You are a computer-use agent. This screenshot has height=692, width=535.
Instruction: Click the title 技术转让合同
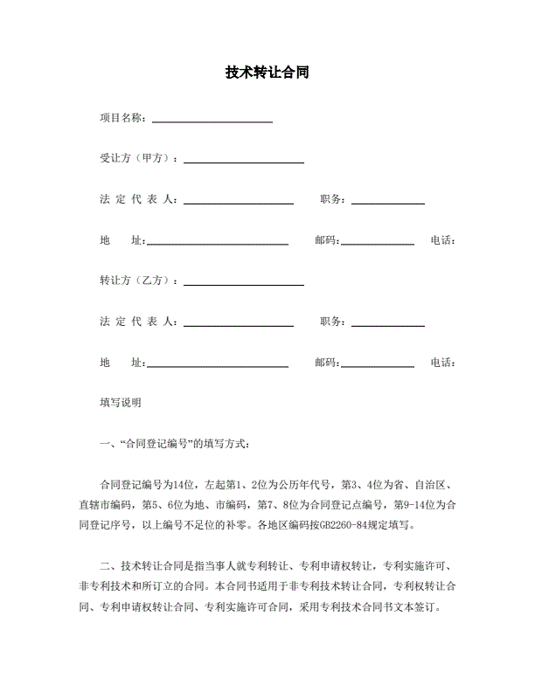pos(267,73)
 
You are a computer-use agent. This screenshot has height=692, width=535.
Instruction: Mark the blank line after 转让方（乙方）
pos(244,284)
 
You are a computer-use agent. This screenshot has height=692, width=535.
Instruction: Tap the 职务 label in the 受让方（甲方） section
pos(333,199)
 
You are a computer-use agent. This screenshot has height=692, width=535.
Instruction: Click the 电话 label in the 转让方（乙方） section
pos(443,363)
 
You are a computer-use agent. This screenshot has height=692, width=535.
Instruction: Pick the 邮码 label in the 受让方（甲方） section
pos(327,240)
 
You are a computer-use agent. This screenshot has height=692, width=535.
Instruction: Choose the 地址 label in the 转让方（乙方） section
pos(122,363)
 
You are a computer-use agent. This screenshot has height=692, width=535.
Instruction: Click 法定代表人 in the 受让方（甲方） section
pos(138,199)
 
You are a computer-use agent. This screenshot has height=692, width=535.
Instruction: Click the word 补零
pos(240,526)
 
